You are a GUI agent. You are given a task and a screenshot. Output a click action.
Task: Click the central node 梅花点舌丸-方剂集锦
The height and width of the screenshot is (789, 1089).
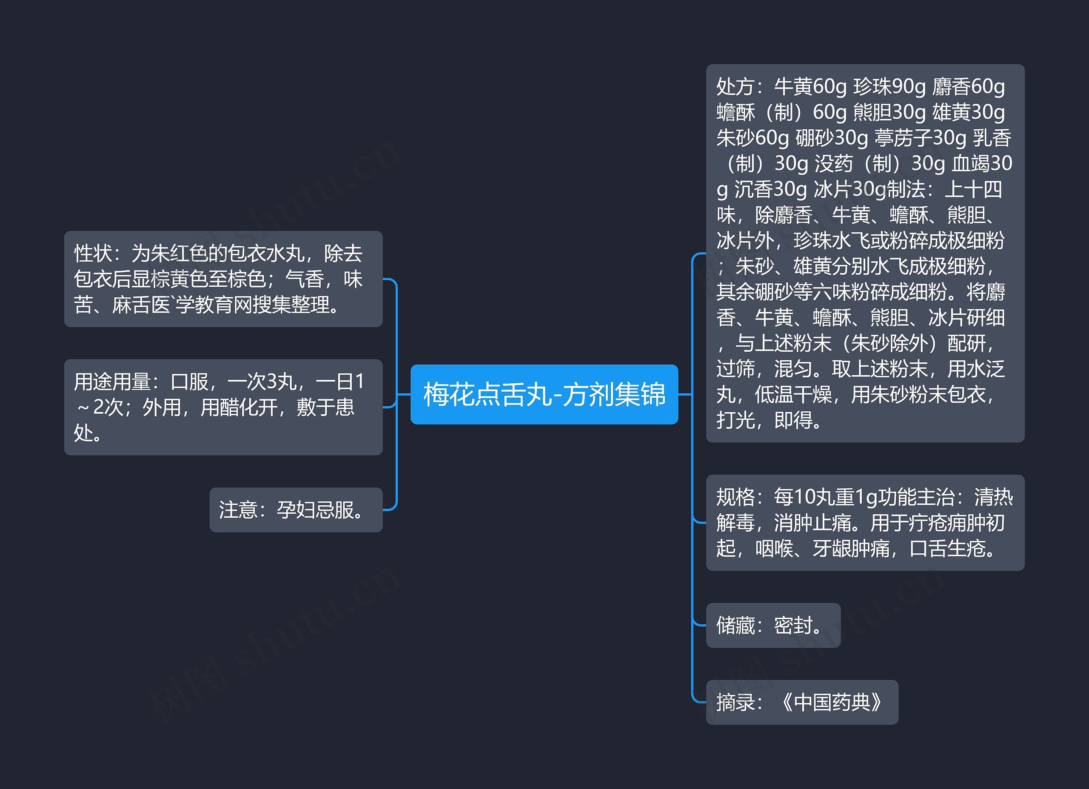pos(544,394)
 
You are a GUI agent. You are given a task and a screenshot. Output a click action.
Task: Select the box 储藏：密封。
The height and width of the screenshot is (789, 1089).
pos(773,625)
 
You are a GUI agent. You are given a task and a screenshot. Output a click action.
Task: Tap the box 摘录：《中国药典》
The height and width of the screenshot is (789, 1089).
pos(801,702)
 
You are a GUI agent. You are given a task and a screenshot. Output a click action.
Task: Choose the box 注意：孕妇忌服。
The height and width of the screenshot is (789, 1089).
pos(296,510)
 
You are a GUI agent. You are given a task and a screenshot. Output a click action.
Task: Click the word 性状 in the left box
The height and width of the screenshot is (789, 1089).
pos(93,254)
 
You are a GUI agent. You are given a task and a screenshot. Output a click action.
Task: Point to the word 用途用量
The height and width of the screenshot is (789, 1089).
pos(112,382)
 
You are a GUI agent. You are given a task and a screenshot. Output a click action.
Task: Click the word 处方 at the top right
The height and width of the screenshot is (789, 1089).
pos(735,87)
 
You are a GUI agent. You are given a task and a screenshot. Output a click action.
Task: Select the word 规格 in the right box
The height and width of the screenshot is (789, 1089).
pos(735,497)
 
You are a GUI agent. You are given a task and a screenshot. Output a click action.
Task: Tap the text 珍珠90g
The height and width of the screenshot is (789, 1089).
pos(889,87)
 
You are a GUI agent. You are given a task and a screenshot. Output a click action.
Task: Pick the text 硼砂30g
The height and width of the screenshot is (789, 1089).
pos(832,138)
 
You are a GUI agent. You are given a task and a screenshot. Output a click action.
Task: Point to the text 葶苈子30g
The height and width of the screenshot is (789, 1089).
pos(921,138)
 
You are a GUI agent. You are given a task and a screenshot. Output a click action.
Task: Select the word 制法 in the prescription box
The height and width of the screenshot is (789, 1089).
pos(906,190)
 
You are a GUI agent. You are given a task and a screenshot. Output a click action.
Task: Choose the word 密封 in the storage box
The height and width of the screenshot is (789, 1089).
pos(793,625)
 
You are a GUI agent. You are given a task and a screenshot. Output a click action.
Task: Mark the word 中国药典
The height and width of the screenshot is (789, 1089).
pos(832,702)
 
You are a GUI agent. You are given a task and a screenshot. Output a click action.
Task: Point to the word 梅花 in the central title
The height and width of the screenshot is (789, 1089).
pos(442,394)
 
